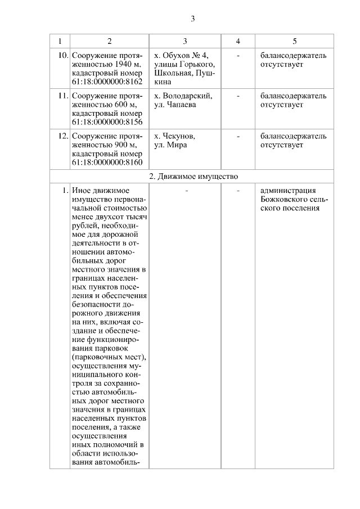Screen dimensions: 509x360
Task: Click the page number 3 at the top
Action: click(192, 18)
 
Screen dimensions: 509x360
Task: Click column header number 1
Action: click(60, 42)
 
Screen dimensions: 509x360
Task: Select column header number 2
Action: click(109, 42)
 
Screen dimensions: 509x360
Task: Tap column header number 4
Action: click(238, 42)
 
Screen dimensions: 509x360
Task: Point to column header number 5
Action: click(294, 42)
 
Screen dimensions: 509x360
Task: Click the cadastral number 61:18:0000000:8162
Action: click(107, 82)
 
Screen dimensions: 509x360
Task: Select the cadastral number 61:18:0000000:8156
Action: click(107, 123)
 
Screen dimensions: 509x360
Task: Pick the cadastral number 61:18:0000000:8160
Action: click(107, 163)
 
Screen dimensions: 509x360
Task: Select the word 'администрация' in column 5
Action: click(288, 191)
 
